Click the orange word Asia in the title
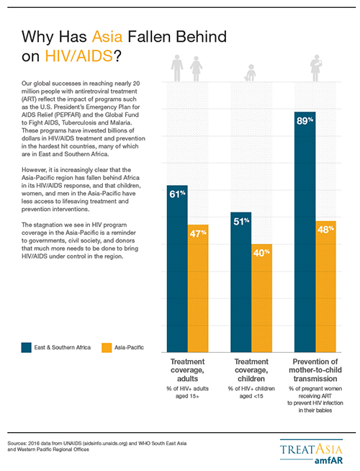coord(107,37)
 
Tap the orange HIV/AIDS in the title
coord(79,56)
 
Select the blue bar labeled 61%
coord(177,269)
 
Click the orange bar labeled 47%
coord(198,288)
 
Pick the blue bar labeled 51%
coord(240,282)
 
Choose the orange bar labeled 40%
coord(262,298)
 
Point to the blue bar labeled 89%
coord(305,232)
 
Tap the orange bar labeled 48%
coord(325,287)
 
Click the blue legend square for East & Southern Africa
coord(27,348)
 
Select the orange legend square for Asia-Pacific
coord(107,348)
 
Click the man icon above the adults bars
coord(177,68)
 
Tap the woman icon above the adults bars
coord(196,69)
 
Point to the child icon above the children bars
coord(251,73)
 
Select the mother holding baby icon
coord(316,68)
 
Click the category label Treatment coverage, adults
coord(188,370)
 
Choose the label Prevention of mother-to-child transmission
coord(315,370)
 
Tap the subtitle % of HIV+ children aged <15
coord(251,392)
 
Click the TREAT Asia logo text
coord(311,449)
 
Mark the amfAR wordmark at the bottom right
coord(328,461)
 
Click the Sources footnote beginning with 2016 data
coord(97,447)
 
